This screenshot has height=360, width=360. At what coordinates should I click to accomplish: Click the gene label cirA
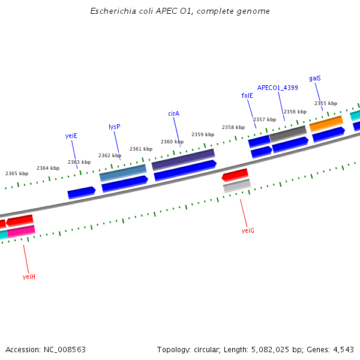(174, 113)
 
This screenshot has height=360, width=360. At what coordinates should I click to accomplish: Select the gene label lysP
(114, 127)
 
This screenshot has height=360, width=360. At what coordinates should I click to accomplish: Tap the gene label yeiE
(71, 136)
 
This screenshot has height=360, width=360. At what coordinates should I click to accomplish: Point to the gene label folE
(247, 95)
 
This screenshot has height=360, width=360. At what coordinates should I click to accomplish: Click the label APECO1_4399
(278, 88)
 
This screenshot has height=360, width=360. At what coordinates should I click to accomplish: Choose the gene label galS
(315, 78)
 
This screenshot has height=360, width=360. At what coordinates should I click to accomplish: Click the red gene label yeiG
(248, 230)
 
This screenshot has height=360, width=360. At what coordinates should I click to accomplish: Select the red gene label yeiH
(29, 277)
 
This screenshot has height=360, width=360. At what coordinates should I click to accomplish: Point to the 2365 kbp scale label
(17, 173)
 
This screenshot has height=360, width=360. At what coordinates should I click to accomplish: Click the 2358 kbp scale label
(233, 127)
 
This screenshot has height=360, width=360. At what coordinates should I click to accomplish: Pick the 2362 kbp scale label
(110, 155)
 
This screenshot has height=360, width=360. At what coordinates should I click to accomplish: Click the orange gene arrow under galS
(326, 123)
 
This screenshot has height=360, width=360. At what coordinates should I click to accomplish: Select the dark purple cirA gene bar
(183, 159)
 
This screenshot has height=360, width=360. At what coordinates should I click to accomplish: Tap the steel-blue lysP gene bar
(123, 173)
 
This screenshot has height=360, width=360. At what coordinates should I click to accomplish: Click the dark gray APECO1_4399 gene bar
(288, 133)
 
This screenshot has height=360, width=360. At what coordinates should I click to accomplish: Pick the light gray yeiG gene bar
(237, 186)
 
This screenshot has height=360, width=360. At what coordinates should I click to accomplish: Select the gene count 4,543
(342, 349)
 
